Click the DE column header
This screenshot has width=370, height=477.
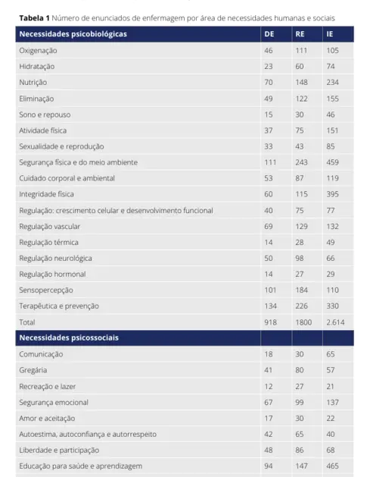[x=269, y=34]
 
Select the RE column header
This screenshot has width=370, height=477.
[x=300, y=34]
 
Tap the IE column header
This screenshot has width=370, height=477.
[x=330, y=34]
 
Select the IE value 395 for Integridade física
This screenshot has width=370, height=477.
[x=333, y=193]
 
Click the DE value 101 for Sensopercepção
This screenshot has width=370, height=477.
[x=270, y=290]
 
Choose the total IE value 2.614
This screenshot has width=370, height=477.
[x=335, y=322]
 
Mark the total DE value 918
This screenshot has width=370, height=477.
[x=270, y=322]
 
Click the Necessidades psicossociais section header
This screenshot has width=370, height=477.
[x=68, y=337]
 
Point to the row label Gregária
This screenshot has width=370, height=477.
[x=33, y=369]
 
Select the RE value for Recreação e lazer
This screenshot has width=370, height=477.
[x=300, y=385]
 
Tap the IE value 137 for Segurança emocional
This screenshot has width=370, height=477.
[x=332, y=401]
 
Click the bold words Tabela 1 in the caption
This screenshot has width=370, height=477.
[x=33, y=17]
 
